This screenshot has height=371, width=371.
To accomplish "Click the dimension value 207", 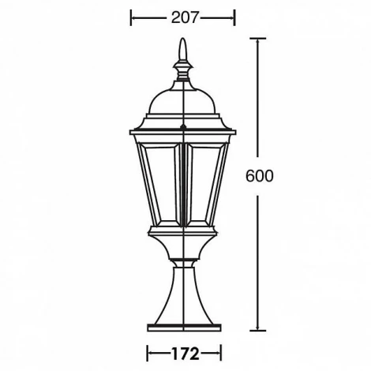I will [x=182, y=17].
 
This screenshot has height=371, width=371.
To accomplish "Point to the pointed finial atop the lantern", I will [x=184, y=57].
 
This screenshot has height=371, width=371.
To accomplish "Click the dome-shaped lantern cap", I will [x=184, y=101].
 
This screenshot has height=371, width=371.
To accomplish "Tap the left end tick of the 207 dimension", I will [x=131, y=17].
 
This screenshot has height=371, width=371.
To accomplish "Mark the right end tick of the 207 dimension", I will [x=235, y=17].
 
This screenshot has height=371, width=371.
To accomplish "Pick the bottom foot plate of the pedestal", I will [x=184, y=324].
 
